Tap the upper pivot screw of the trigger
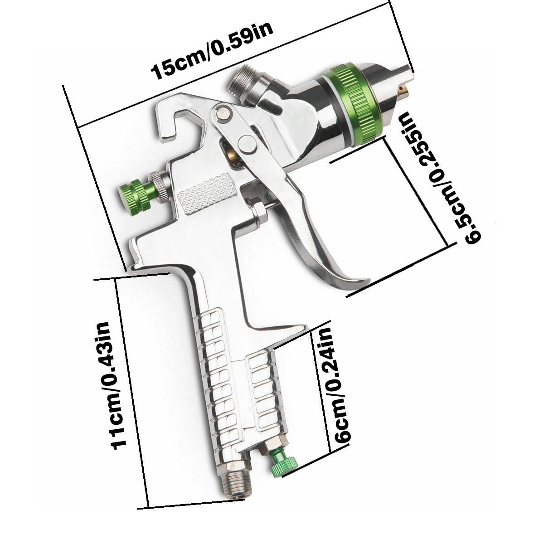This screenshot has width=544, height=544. (x=222, y=113)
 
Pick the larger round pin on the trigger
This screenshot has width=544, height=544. (x=247, y=145)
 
